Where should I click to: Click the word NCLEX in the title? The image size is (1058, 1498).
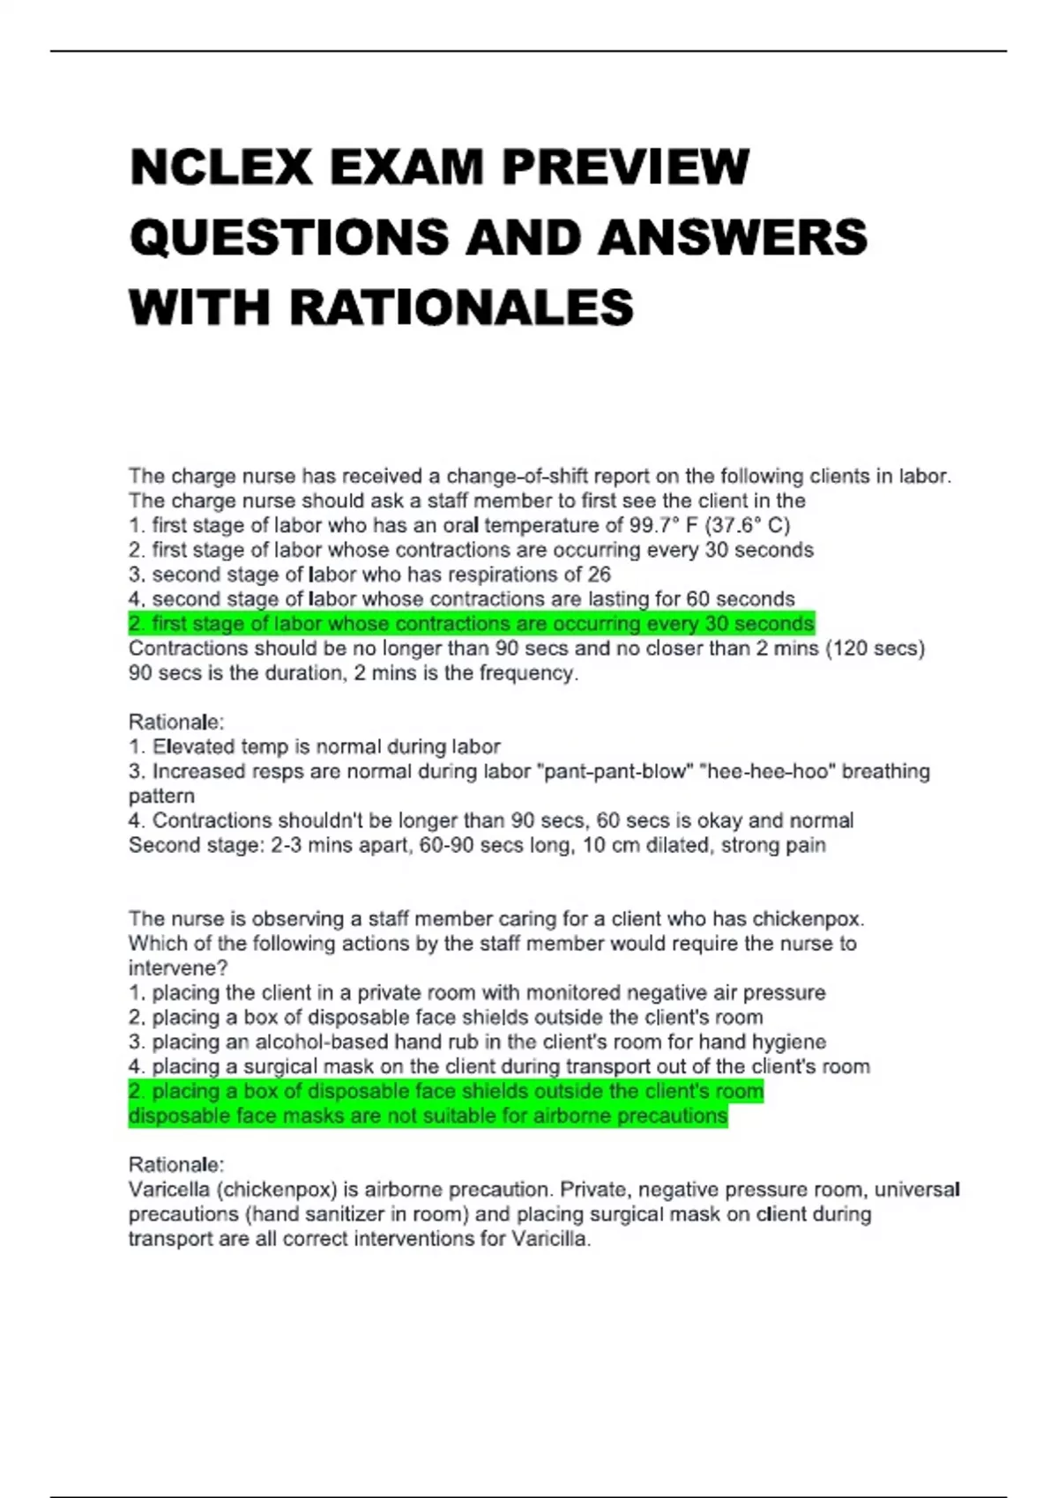tap(221, 167)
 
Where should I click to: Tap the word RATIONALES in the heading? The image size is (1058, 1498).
tap(460, 308)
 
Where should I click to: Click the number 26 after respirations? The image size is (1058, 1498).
tap(599, 575)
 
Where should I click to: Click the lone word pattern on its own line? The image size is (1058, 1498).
tap(161, 797)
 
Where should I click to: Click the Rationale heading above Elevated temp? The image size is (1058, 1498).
tap(176, 723)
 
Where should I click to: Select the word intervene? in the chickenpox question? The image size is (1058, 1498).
tap(178, 968)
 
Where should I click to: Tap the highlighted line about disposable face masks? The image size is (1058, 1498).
tap(428, 1116)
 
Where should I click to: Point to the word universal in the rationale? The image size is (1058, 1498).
tap(917, 1190)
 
